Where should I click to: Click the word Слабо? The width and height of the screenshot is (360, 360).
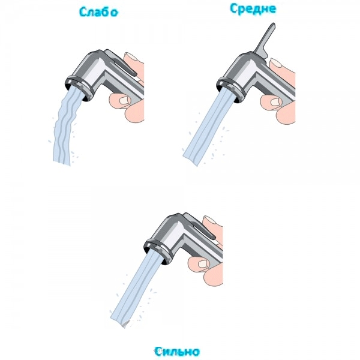pyautogui.click(x=98, y=12)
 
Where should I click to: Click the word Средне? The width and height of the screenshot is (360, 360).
pyautogui.click(x=253, y=9)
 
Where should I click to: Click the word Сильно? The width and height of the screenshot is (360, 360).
pyautogui.click(x=177, y=352)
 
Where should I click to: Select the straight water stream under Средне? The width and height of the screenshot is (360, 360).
pyautogui.click(x=208, y=125)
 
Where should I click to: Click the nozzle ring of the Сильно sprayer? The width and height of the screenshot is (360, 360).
pyautogui.click(x=158, y=251)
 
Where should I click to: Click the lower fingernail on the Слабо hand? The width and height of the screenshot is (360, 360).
pyautogui.click(x=125, y=100)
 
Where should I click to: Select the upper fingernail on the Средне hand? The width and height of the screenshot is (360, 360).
pyautogui.click(x=276, y=62)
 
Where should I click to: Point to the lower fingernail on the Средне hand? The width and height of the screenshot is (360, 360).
pyautogui.click(x=276, y=102)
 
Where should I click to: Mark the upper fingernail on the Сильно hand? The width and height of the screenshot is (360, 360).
pyautogui.click(x=209, y=220)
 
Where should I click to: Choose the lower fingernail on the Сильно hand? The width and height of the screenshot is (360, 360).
pyautogui.click(x=203, y=263)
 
